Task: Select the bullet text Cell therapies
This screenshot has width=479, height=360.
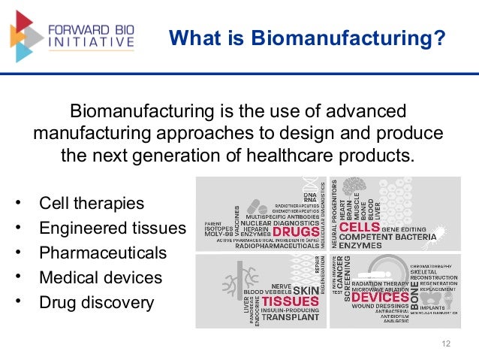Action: coord(92,204)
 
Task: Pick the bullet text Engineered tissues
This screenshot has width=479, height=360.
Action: coord(112,228)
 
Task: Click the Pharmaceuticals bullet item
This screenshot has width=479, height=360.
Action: coord(103,253)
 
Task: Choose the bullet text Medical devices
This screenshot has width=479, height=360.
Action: coord(101,278)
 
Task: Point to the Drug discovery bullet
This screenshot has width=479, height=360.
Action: coord(96,303)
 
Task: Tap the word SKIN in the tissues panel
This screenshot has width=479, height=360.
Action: coord(306,290)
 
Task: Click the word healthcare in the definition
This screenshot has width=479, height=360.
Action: coord(315,157)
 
